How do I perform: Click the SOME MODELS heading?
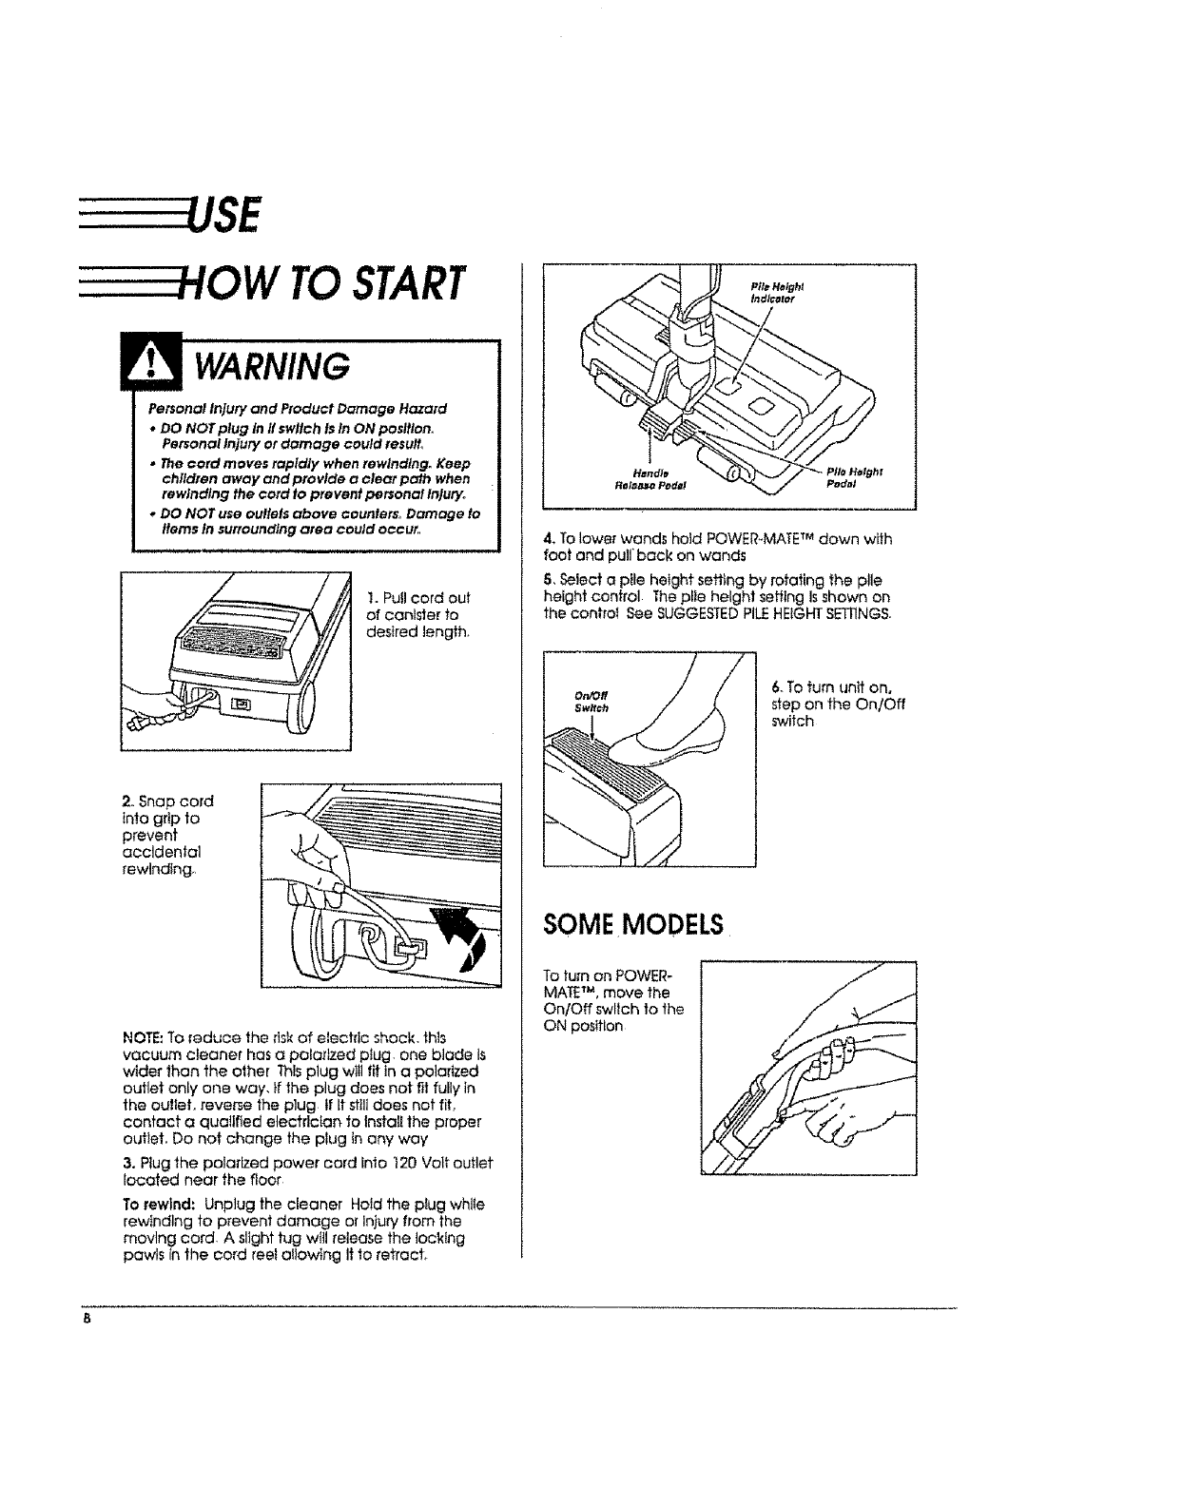632,925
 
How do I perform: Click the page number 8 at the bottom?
85,1320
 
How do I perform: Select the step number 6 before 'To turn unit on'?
776,686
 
